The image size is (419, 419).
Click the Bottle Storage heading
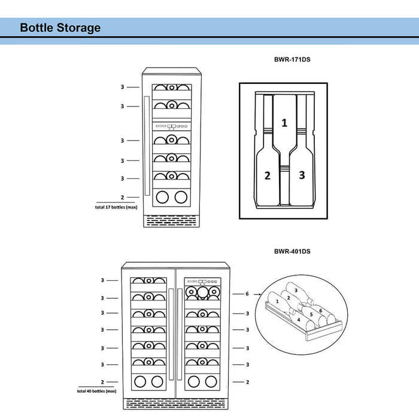(x=60, y=28)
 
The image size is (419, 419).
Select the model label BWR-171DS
(x=292, y=60)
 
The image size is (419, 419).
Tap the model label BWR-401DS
(x=292, y=251)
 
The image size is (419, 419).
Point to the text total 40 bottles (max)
(x=99, y=391)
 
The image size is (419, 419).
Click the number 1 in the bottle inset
(x=284, y=123)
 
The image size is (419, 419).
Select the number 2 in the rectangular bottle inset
(x=268, y=175)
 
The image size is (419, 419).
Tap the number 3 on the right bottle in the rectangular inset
(x=302, y=175)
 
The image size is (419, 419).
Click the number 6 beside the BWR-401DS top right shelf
(x=247, y=294)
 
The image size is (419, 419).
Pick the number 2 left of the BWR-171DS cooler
(x=122, y=197)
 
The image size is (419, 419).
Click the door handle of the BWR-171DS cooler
(x=146, y=146)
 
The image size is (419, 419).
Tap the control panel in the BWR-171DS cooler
(x=172, y=126)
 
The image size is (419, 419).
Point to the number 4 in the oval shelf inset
(x=298, y=320)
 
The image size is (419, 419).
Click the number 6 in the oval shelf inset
(x=320, y=311)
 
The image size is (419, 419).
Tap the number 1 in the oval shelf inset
(x=277, y=302)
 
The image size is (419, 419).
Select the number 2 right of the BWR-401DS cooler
(x=247, y=382)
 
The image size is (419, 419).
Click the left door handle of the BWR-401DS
(x=171, y=333)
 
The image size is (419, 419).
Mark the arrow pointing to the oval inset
(x=257, y=294)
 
